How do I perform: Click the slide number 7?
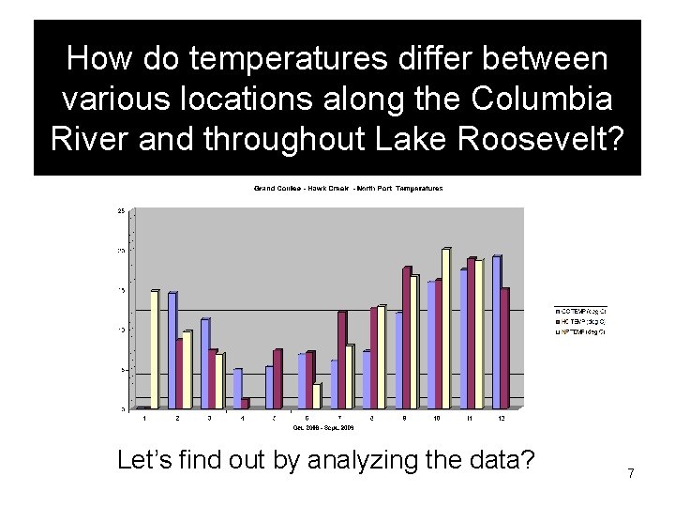pos(631,473)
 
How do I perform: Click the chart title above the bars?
pos(348,188)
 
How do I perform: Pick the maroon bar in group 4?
pos(245,404)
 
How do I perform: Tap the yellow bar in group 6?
pos(317,395)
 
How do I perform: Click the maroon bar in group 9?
pos(406,337)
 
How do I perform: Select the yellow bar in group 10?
pos(445,328)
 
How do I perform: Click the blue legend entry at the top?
pos(581,311)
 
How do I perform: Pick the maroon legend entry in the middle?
pos(581,321)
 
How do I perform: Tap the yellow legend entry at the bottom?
pos(581,331)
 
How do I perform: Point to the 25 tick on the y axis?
pos(121,211)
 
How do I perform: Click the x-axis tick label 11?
pos(471,417)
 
